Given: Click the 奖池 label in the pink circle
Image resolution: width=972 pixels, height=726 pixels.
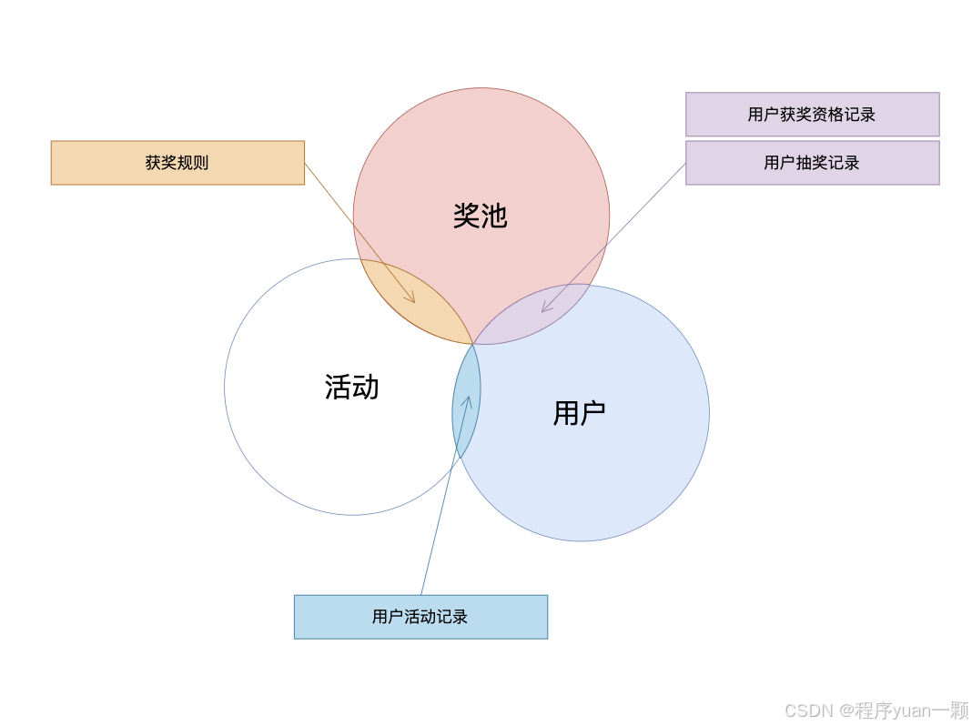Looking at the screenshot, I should pyautogui.click(x=480, y=216).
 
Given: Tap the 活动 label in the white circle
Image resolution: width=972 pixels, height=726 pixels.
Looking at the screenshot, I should pyautogui.click(x=351, y=387).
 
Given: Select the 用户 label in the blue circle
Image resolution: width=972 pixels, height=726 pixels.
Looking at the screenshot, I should pyautogui.click(x=579, y=413).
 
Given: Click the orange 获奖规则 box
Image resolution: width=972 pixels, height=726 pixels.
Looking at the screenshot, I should pyautogui.click(x=177, y=163).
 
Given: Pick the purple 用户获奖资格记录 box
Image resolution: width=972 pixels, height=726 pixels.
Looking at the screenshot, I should pyautogui.click(x=812, y=115).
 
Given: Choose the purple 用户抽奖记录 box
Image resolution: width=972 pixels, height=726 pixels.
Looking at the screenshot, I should pyautogui.click(x=812, y=163).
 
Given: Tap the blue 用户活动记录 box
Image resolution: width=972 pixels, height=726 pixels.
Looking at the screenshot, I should pyautogui.click(x=420, y=617).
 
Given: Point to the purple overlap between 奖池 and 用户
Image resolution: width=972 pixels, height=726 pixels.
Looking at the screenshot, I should pyautogui.click(x=537, y=318).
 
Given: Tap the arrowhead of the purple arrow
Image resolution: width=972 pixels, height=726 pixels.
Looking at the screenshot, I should pyautogui.click(x=543, y=310).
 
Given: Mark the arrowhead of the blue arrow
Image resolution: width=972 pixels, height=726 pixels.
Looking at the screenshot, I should pyautogui.click(x=468, y=399).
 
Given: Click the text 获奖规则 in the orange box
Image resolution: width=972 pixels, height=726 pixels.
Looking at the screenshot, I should pyautogui.click(x=177, y=163).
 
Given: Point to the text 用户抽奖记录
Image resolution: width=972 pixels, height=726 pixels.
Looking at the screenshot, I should pyautogui.click(x=812, y=163).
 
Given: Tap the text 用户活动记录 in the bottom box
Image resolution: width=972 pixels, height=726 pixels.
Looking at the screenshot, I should pyautogui.click(x=420, y=617).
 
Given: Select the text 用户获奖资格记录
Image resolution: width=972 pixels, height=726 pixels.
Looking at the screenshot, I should pyautogui.click(x=812, y=115).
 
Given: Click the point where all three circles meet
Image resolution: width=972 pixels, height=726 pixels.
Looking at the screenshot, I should pyautogui.click(x=473, y=344).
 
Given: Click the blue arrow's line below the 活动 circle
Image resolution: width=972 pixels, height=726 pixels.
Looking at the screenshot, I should pyautogui.click(x=433, y=546).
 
